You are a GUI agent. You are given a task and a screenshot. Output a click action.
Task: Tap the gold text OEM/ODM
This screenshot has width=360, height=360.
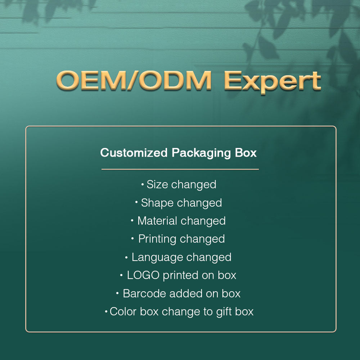(x=134, y=80)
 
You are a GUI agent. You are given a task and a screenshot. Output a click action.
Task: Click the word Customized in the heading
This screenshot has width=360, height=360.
(x=134, y=152)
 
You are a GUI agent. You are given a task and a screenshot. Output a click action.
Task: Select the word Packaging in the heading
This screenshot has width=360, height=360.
(x=201, y=153)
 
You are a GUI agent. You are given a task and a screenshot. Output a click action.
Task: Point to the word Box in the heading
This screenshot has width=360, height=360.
(x=246, y=153)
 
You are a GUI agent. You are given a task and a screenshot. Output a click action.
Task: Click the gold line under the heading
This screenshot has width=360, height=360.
(x=180, y=170)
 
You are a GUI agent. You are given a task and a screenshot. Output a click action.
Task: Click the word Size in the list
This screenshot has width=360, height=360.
(x=157, y=184)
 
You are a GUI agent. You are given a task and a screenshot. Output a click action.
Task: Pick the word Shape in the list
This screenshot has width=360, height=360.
(x=157, y=203)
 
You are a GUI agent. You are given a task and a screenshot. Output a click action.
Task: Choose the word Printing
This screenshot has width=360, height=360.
(x=157, y=239)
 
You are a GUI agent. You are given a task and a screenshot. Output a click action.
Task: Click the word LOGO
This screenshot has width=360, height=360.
(x=143, y=275)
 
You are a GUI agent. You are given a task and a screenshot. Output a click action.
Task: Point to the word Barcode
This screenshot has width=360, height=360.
(x=144, y=293)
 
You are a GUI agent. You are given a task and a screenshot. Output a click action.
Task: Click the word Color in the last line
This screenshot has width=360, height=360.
(x=123, y=311)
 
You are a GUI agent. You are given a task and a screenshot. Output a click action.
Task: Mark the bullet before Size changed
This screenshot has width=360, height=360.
(x=143, y=184)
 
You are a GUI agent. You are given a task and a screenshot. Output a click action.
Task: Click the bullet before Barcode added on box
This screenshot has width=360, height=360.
(x=118, y=293)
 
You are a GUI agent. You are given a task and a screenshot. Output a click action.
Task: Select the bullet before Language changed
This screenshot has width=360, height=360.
(x=126, y=257)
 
